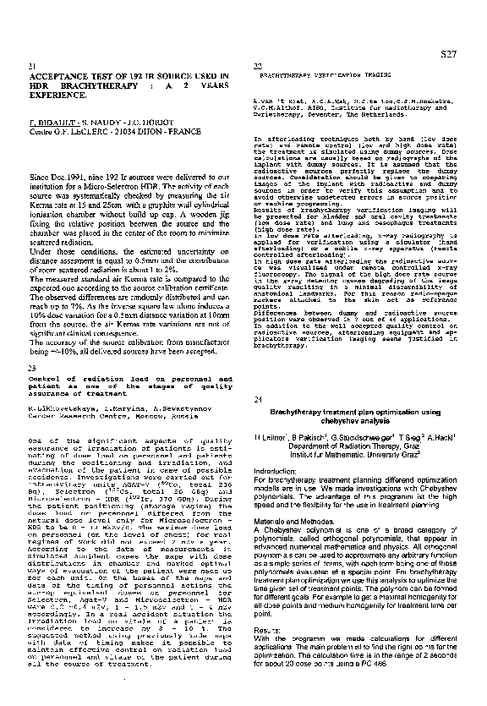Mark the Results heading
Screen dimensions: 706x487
[267, 630]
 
